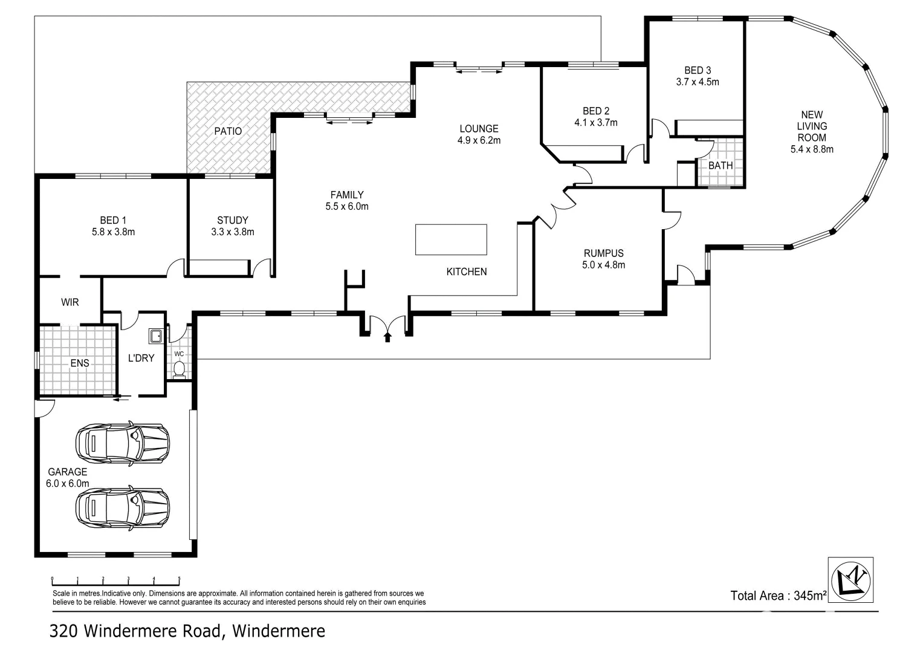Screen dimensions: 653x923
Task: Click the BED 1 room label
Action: [113, 226]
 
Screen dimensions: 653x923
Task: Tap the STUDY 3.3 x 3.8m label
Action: [233, 226]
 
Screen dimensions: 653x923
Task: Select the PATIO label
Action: [228, 131]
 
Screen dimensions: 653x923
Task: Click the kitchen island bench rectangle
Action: [451, 239]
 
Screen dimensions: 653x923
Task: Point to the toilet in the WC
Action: [179, 369]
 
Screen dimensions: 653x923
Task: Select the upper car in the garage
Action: [122, 441]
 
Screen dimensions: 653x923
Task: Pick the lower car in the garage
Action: [122, 507]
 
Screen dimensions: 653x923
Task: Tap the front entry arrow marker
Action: [387, 336]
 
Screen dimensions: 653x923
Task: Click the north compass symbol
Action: [850, 579]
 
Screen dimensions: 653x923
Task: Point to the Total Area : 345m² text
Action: [778, 596]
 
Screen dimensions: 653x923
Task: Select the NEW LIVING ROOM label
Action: [812, 131]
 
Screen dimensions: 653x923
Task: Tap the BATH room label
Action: [720, 165]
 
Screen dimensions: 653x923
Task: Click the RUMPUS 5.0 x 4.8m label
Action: [603, 259]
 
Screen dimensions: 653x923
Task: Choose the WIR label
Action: [70, 302]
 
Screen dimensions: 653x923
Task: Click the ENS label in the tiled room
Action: [80, 363]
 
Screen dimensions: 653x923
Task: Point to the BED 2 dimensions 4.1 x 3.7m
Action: [596, 123]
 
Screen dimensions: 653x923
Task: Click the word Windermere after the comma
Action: [279, 631]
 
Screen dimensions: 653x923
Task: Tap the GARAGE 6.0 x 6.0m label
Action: [68, 478]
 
